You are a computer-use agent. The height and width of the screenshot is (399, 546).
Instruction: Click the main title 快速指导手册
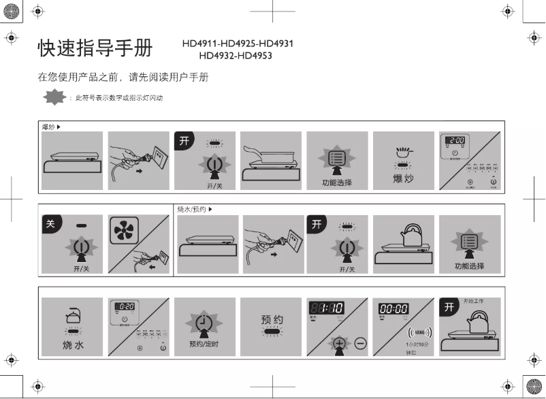[95, 48]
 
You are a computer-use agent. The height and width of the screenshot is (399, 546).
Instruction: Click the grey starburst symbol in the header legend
[54, 98]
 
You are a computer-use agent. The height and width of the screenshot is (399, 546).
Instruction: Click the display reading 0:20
[123, 306]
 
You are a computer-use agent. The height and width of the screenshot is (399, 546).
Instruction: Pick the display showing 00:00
[394, 308]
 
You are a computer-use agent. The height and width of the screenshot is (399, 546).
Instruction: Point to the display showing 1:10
[327, 308]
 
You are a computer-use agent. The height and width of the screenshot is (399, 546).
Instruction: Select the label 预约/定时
[204, 345]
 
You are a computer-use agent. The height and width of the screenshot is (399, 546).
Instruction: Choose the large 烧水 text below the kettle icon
[73, 345]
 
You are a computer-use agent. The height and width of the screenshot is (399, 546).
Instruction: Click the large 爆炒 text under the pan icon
[404, 178]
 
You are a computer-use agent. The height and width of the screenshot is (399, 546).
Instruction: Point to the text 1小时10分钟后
[411, 349]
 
